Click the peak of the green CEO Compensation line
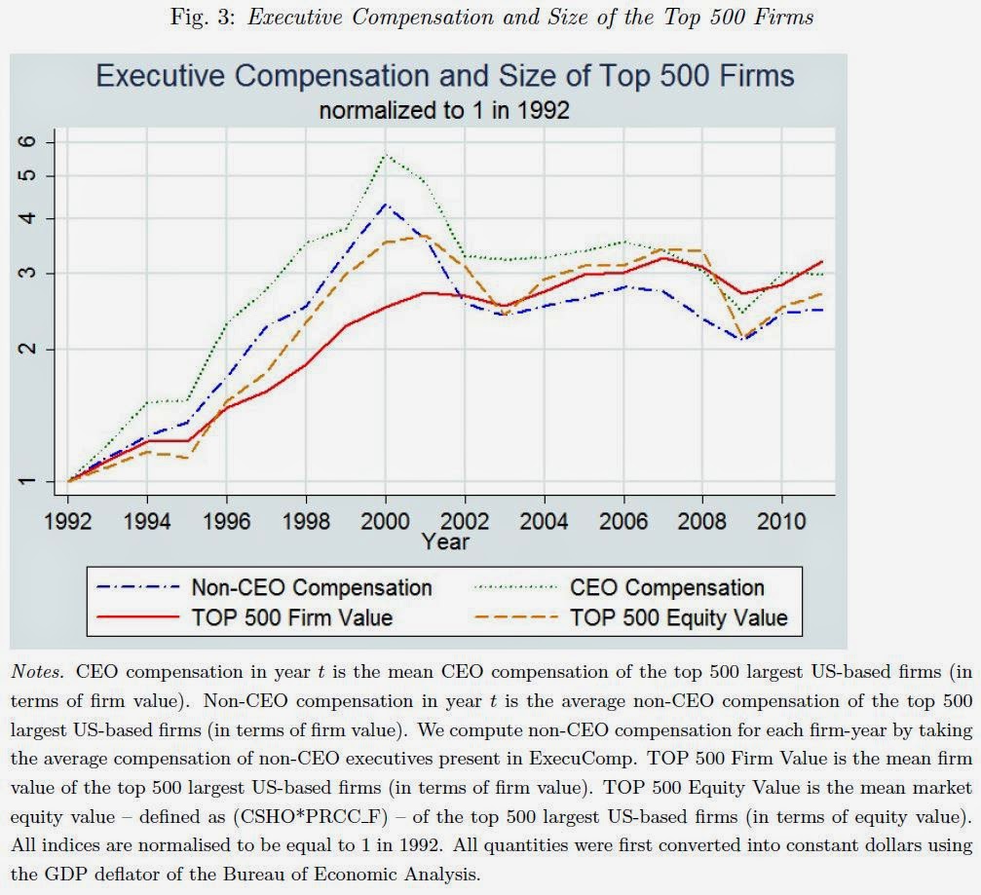point(386,155)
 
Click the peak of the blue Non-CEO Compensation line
point(386,205)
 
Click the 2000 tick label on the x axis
point(386,521)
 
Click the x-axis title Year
point(445,541)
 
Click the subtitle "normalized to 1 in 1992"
point(444,111)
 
